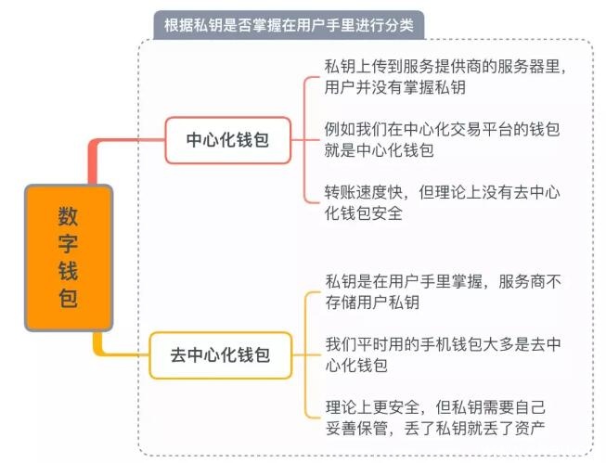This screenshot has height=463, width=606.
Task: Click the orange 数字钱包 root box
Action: (x=69, y=258)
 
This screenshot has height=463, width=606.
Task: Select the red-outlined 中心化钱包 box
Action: (x=228, y=140)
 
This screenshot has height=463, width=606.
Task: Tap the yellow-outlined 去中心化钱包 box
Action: (x=221, y=355)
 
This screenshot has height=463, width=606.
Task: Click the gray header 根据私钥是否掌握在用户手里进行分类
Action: (x=289, y=25)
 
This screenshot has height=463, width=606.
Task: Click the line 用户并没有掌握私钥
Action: (x=395, y=87)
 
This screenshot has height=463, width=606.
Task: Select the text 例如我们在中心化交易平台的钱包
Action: (x=442, y=129)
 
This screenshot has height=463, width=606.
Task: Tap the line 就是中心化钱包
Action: (x=380, y=150)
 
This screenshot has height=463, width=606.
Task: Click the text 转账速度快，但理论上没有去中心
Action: (x=442, y=192)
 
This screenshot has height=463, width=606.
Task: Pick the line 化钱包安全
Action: (x=364, y=213)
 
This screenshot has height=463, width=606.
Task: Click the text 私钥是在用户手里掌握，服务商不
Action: (x=444, y=281)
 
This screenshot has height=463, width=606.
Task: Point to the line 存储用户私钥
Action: (x=372, y=302)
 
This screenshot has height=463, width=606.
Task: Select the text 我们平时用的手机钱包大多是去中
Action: (x=444, y=344)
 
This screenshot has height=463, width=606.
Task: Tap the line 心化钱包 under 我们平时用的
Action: (x=356, y=366)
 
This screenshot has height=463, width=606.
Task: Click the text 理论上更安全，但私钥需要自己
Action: (x=435, y=407)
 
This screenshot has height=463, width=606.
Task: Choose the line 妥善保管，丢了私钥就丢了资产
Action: (x=435, y=428)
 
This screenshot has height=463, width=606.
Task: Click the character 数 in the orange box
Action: (x=68, y=216)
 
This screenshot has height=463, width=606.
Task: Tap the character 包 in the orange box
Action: (x=68, y=299)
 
